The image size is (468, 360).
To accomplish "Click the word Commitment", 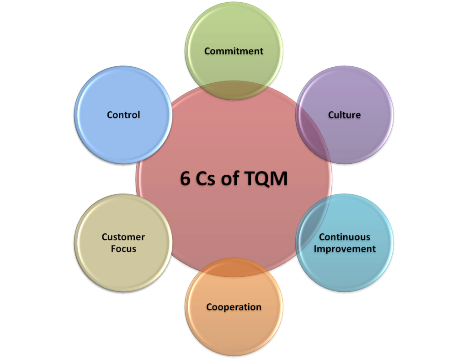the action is [x=234, y=51].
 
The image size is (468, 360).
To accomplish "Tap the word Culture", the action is [x=345, y=115].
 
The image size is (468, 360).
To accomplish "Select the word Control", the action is [x=123, y=115].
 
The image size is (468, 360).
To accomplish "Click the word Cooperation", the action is [x=234, y=307].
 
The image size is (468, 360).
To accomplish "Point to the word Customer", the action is [x=123, y=237].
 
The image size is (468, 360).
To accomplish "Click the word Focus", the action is [x=123, y=249].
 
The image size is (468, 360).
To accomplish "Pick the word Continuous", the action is [x=345, y=237].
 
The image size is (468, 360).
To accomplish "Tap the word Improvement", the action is [x=345, y=249].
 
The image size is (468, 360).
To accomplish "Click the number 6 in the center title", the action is [x=185, y=178].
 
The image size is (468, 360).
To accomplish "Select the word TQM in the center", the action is [x=266, y=179].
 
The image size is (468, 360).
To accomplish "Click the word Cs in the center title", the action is [x=205, y=179].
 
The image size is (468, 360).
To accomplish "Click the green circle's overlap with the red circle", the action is [x=234, y=90].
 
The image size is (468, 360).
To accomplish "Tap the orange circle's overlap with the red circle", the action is [x=234, y=268].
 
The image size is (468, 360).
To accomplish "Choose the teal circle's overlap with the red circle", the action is [x=314, y=224].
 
